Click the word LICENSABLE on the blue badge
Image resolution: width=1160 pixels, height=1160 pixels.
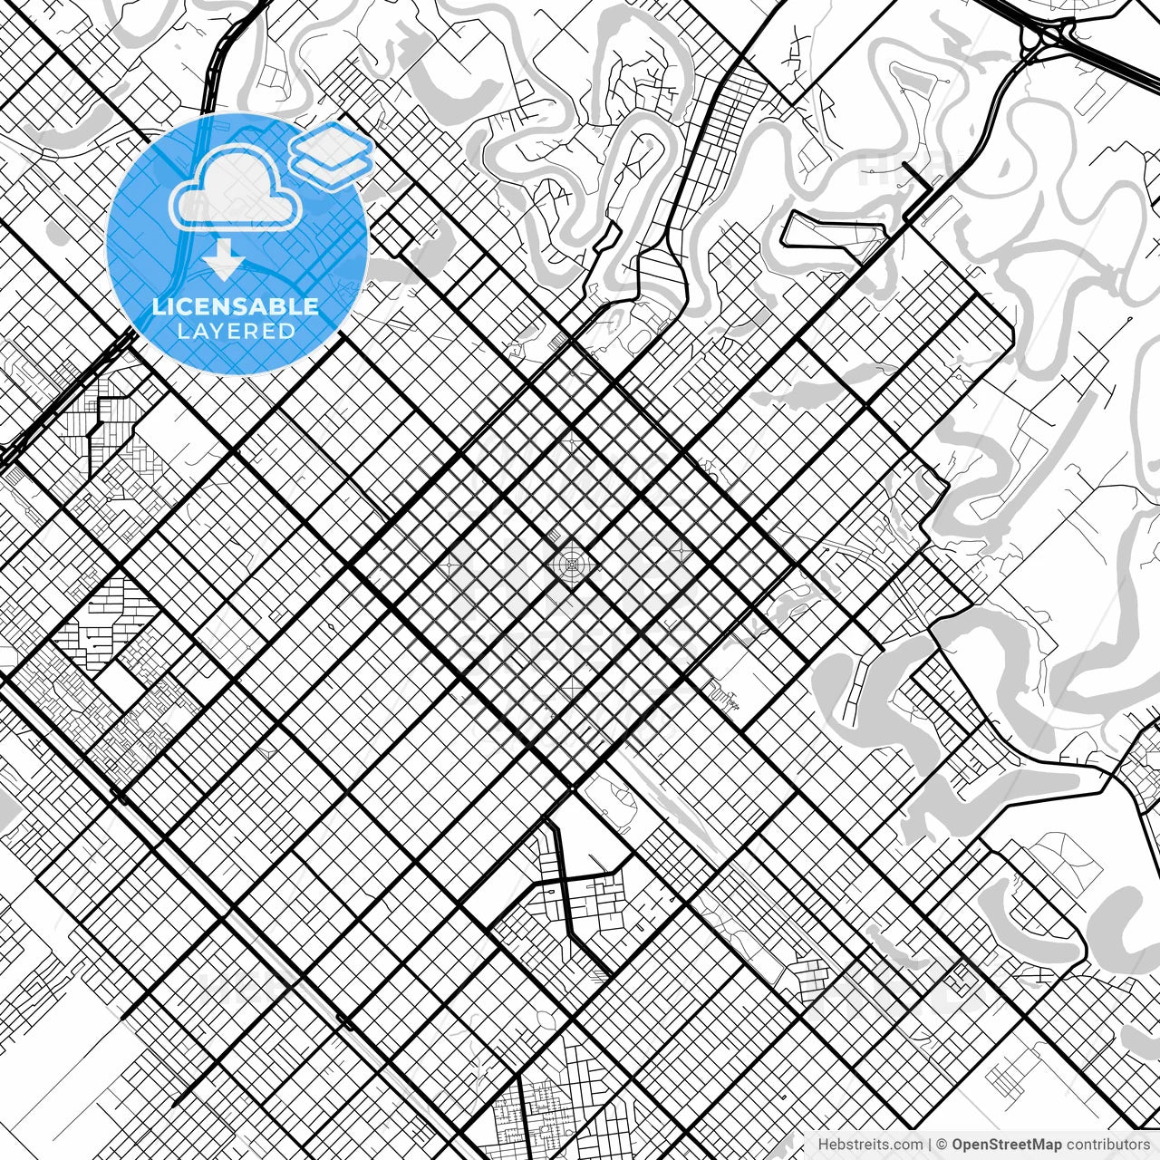[236, 306]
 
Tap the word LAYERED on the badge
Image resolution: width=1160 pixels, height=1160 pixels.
[236, 331]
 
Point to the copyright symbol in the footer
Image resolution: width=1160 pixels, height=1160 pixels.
[942, 1145]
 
